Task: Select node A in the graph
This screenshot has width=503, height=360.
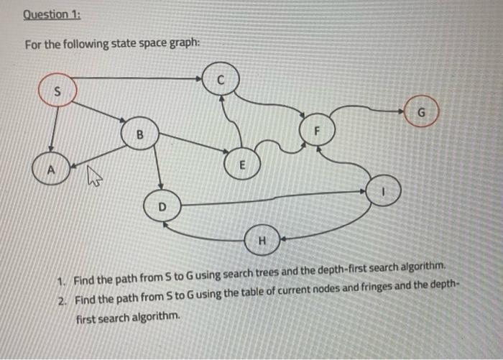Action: [50, 171]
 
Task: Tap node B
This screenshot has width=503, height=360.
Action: [140, 134]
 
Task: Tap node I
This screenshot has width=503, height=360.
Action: [384, 190]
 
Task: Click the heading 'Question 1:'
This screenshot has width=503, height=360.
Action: [52, 15]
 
